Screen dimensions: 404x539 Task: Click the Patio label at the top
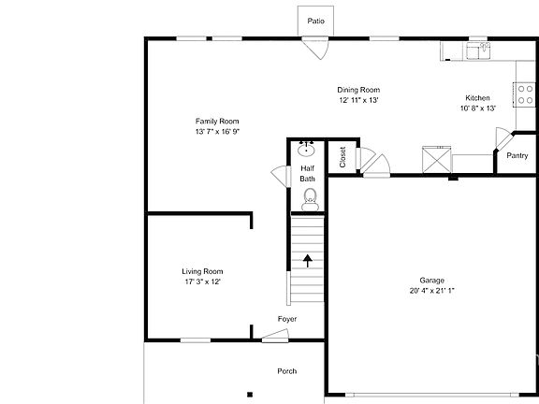tap(315, 21)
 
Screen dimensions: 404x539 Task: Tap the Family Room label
tap(217, 122)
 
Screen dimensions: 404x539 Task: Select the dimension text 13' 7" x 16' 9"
tap(217, 132)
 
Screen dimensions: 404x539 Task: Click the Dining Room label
tap(357, 90)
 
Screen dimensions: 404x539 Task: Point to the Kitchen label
tap(477, 98)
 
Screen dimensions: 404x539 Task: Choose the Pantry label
tap(517, 156)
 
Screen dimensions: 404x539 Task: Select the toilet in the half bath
tap(310, 197)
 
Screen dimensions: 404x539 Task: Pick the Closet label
tap(342, 157)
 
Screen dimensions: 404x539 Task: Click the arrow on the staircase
tap(307, 260)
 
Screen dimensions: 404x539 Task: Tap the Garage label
tap(431, 281)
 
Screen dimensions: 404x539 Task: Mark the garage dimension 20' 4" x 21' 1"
tap(431, 291)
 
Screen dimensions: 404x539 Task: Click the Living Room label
tap(202, 271)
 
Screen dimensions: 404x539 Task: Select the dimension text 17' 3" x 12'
tap(202, 281)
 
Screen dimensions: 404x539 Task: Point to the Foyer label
tap(287, 320)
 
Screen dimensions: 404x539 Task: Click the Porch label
tap(287, 371)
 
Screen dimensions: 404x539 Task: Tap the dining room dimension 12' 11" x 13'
tap(357, 100)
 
